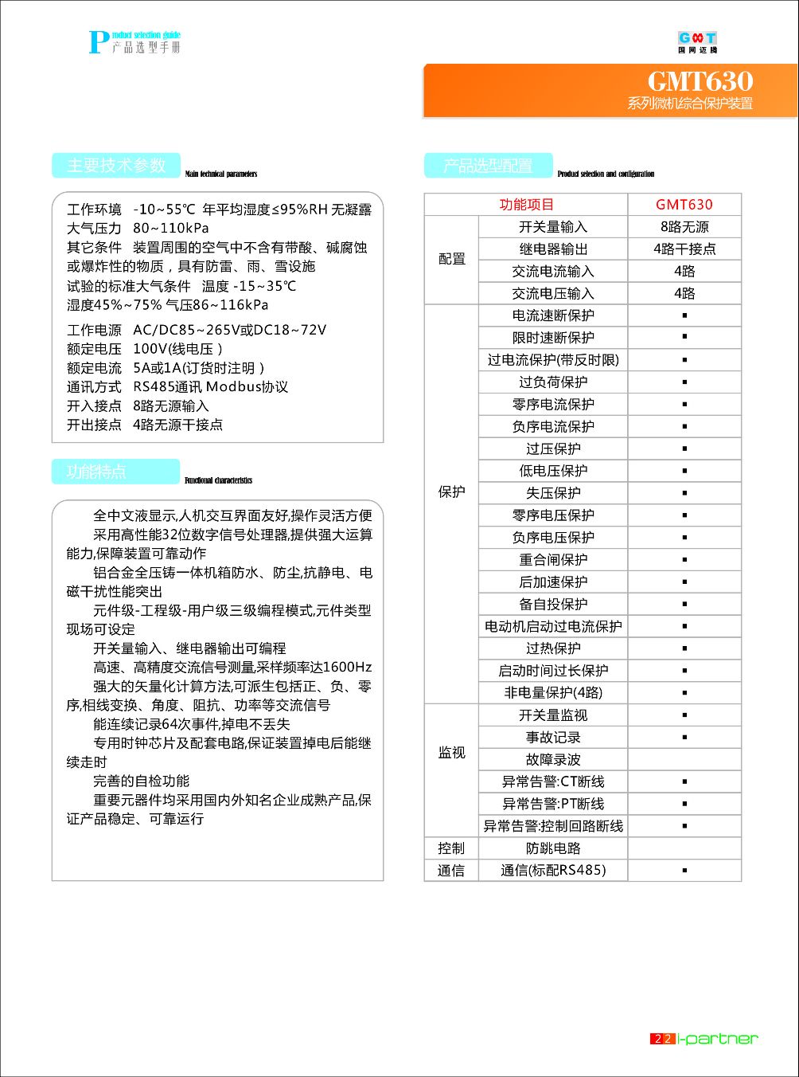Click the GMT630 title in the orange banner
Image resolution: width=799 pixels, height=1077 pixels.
700,81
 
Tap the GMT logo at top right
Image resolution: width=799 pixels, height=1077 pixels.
697,41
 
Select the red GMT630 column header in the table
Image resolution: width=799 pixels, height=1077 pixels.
684,205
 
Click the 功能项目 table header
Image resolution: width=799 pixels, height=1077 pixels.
526,205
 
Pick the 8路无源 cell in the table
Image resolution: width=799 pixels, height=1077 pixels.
684,227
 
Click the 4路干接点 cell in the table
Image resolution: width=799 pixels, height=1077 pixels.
684,249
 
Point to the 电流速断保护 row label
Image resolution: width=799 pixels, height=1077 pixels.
553,315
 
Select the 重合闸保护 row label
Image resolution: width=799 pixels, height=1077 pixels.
553,560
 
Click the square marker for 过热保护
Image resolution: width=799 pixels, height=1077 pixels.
684,649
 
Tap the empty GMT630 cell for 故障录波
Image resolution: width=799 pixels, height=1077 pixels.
684,760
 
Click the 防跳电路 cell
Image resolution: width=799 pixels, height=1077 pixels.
553,848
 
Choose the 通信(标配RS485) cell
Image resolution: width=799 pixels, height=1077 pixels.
553,871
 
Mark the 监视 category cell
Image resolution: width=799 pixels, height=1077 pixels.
451,753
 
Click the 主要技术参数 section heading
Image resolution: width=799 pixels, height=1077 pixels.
116,166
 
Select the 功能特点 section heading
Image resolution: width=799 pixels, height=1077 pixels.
97,472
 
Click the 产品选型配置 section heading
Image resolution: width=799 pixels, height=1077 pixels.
488,166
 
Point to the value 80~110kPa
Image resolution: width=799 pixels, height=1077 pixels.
171,229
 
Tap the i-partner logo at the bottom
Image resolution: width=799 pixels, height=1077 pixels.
717,1039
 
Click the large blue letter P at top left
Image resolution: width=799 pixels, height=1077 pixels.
99,42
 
